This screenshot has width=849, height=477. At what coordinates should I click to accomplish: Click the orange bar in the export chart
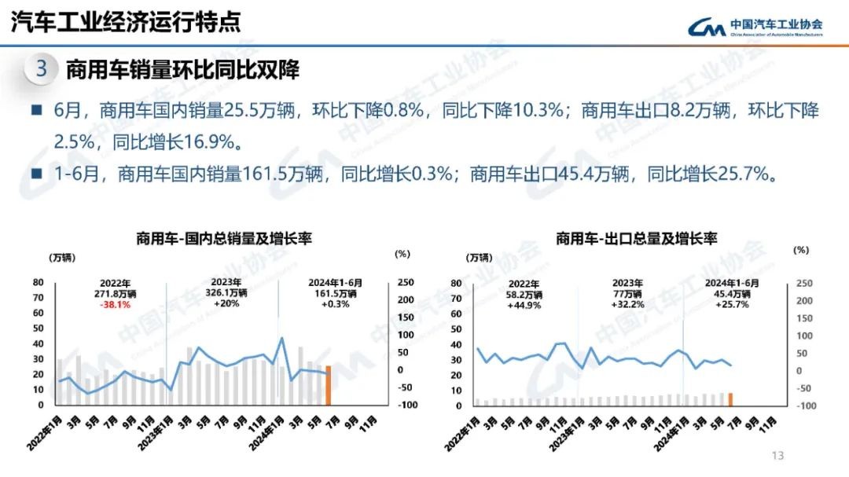coord(730,398)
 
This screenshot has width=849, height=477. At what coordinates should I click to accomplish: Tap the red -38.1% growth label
coord(115,304)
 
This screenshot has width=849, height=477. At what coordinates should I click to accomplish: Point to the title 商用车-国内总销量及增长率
coord(224,237)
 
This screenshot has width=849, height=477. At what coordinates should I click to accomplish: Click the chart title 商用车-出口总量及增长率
coord(637,238)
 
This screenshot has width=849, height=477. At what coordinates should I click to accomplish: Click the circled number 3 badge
coord(42,69)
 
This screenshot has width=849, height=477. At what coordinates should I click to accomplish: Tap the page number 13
coord(778,456)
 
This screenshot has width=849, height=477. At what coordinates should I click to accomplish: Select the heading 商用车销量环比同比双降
coord(183,69)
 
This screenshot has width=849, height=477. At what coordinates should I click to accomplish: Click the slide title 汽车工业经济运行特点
coord(126,22)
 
